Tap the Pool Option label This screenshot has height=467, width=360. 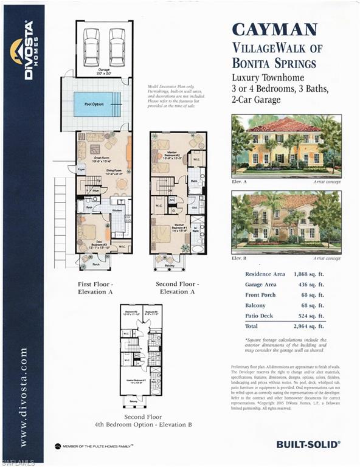(90, 105)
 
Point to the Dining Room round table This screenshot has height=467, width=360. (122, 183)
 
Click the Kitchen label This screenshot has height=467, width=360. (116, 209)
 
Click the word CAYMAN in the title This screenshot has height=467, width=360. (274, 29)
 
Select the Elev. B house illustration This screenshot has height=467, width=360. (286, 222)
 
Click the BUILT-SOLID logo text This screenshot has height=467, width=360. (308, 444)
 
